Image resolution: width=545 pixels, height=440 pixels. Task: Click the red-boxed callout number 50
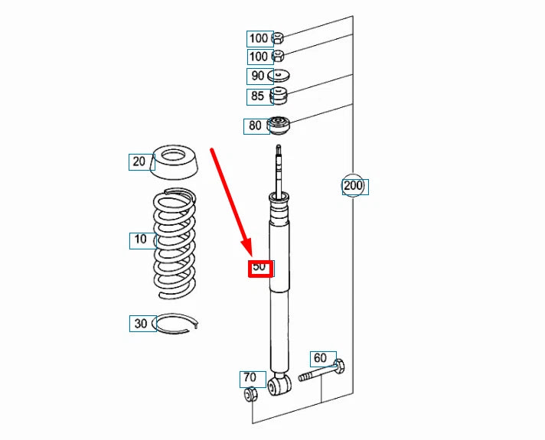259,268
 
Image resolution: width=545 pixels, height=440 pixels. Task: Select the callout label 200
353,186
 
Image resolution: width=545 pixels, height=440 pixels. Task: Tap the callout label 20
139,161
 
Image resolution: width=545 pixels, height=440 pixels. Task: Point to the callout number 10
141,240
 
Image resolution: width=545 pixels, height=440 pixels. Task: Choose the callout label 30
141,324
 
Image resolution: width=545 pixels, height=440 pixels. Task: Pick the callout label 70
250,378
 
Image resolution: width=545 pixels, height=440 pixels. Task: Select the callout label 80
256,126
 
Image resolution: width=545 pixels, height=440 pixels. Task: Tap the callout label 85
258,96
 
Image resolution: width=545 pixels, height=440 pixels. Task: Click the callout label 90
258,77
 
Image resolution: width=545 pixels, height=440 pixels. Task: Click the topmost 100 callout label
259,38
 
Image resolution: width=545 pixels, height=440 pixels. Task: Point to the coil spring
175,243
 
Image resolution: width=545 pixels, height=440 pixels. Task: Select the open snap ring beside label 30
178,324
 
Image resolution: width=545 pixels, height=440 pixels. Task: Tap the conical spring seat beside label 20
175,162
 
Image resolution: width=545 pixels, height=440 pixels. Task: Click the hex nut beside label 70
250,395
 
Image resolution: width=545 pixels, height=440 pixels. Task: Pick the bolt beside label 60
321,370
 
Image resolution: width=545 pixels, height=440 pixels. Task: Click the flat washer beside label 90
279,76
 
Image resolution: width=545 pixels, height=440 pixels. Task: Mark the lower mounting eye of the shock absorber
279,384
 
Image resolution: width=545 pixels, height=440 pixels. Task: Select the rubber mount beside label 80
278,125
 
